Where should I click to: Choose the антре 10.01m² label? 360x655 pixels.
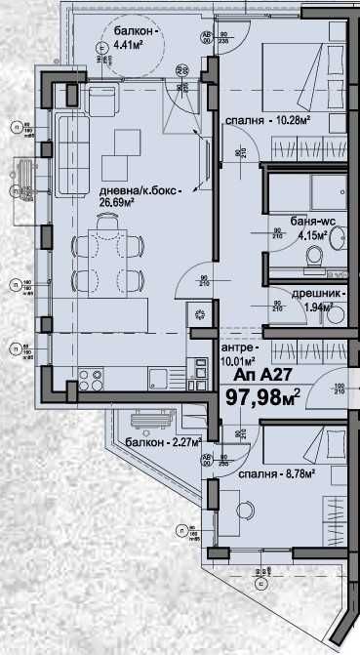[x=241, y=354]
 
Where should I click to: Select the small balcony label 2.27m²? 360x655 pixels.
[x=163, y=442]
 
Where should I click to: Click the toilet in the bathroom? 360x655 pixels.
[x=315, y=256]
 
